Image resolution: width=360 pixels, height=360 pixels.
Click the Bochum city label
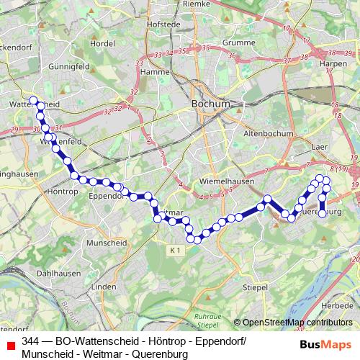pos(211,104)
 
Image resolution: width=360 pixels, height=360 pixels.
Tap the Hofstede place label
pos(162,24)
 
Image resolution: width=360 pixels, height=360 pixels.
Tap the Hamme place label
pos(155,72)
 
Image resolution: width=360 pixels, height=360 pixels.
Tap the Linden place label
pos(104,287)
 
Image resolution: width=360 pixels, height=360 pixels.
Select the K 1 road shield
pos(176,250)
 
